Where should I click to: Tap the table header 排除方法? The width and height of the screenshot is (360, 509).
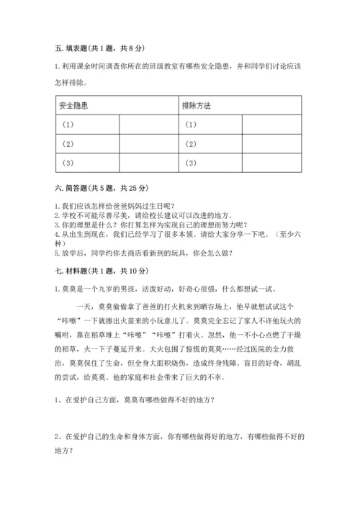tap(198, 106)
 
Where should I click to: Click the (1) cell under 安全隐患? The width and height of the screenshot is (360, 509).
tap(68, 125)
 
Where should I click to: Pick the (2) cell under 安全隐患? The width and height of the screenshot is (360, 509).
tap(68, 144)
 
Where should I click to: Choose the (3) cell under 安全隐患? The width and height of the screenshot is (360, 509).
tap(68, 163)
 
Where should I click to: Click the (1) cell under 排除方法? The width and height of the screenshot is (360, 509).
tap(191, 125)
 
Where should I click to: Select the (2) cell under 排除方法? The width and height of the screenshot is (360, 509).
tap(191, 144)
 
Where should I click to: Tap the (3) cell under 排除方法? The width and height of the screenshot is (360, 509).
tap(191, 163)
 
